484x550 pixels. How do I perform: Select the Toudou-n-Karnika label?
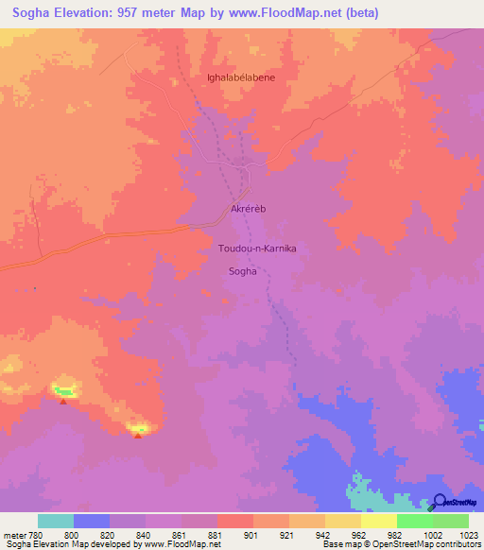point(257,249)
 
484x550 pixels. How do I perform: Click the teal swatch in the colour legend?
point(56,521)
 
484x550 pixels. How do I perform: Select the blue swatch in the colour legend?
point(92,521)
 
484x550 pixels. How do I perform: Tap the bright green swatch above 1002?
point(414,521)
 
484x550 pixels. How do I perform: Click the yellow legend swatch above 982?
point(378,521)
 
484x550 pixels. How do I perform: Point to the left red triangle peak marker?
point(63,401)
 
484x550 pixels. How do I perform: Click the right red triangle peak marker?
point(138,436)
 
